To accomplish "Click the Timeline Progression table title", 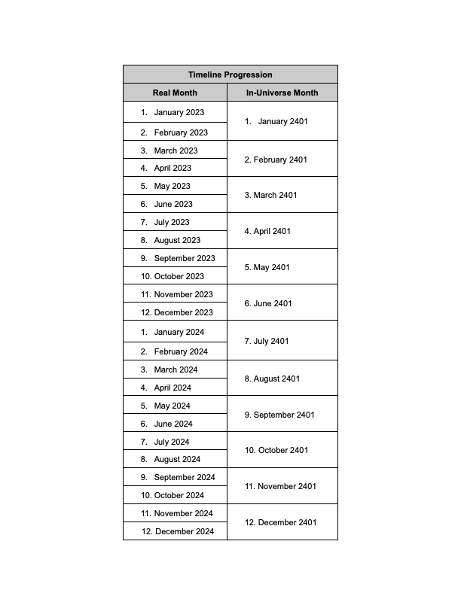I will [230, 74].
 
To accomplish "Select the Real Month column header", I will [175, 93].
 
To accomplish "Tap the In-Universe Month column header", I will [282, 93].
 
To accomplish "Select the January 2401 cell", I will [282, 121].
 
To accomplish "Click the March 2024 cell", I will [176, 369].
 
